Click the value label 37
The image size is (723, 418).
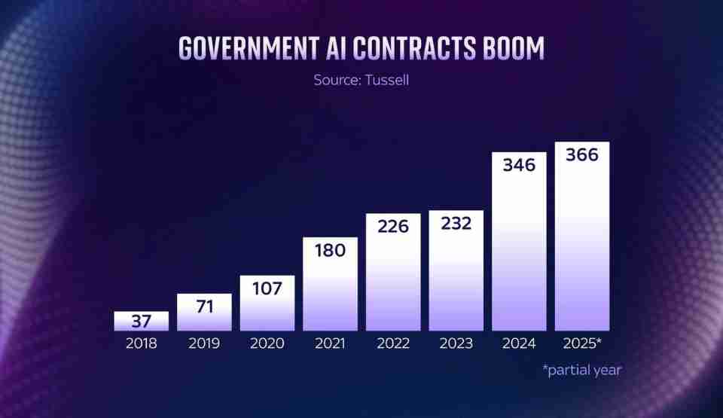coord(142,322)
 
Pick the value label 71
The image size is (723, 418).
coord(204,306)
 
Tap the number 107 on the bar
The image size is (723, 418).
coord(267,288)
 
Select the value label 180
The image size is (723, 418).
coord(330,250)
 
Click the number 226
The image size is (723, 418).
coord(393,226)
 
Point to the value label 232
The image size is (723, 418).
coord(456,223)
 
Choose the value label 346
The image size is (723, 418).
coord(519,165)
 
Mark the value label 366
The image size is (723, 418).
coord(582,155)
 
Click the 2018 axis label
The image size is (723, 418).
coord(142,343)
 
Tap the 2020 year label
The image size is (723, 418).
coord(267,343)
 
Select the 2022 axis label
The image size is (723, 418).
coord(393,343)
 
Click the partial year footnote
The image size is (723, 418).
coord(581,370)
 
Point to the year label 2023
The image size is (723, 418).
coord(456,343)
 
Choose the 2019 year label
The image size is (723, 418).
coord(204,343)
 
